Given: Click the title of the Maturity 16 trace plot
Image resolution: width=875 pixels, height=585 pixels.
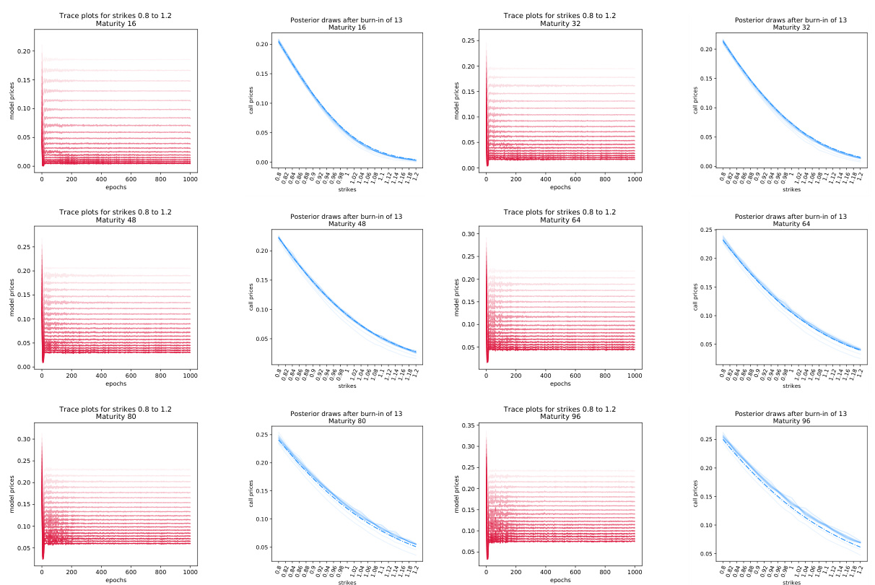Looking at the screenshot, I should tap(116, 19).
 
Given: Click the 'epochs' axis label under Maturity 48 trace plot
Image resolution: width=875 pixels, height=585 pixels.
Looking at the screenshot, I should tap(116, 383).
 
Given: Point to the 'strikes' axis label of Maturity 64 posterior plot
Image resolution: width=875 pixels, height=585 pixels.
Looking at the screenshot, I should tap(791, 386).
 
